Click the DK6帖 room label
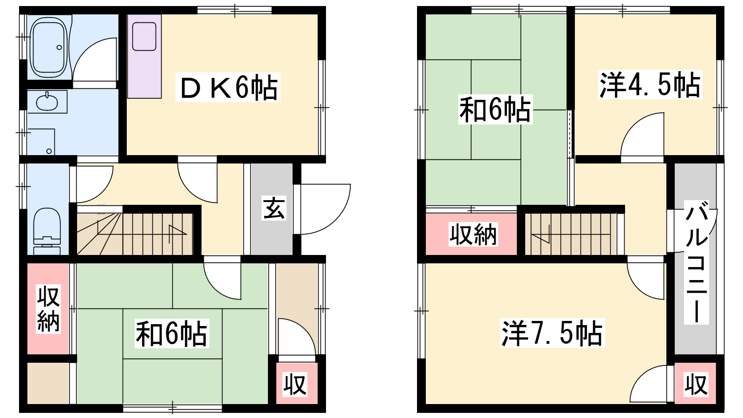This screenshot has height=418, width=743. pyautogui.click(x=228, y=87)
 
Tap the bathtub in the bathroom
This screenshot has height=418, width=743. pyautogui.click(x=49, y=47)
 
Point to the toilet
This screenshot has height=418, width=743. pyautogui.click(x=47, y=231)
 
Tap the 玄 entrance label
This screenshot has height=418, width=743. pyautogui.click(x=274, y=209)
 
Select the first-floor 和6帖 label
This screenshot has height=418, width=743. pyautogui.click(x=171, y=333)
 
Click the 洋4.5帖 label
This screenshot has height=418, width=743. pyautogui.click(x=650, y=85)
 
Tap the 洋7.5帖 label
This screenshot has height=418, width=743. pyautogui.click(x=552, y=333)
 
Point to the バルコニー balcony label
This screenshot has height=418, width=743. pyautogui.click(x=697, y=262)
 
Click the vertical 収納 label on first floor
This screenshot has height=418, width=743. pyautogui.click(x=48, y=308)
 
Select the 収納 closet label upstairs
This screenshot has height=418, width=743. pyautogui.click(x=473, y=234)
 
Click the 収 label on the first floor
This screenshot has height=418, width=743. pyautogui.click(x=295, y=385)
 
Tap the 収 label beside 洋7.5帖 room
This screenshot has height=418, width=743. pyautogui.click(x=696, y=385)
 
